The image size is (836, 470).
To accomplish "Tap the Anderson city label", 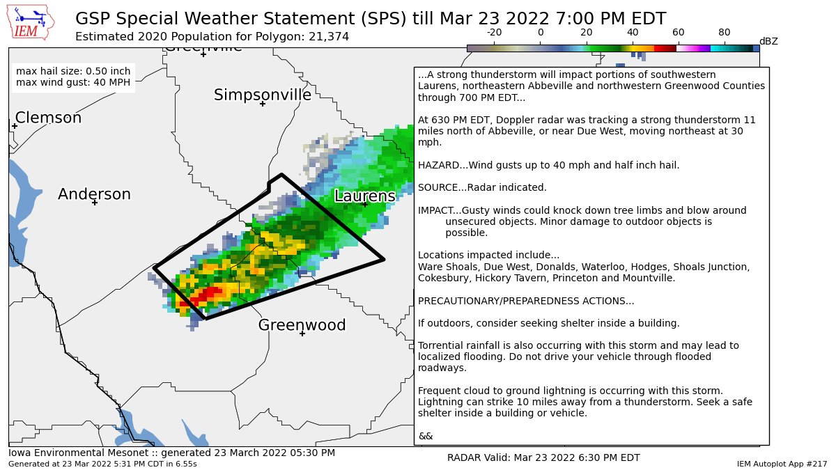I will point(94,194).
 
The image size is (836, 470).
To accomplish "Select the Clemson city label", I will point(48,118).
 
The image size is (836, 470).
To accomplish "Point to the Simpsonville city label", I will point(263,95).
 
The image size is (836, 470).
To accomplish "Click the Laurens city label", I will point(364,196).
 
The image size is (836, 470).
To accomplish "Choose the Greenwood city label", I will point(302,325).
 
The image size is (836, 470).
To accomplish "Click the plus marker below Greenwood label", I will point(302,334).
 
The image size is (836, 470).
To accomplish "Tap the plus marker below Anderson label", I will point(95,203).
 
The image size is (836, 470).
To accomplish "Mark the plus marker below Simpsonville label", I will point(263,104).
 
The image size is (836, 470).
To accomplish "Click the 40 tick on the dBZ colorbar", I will point(633,33).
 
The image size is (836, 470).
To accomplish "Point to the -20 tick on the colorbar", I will point(494,33).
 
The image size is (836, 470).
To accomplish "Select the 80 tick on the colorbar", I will point(725,33).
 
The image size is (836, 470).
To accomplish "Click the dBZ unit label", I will point(768,42).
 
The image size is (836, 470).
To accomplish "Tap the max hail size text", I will point(72,71).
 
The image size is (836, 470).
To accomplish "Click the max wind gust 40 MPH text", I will point(72,82).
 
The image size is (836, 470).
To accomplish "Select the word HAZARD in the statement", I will point(438,165).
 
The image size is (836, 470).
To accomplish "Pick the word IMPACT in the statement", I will point(435,210).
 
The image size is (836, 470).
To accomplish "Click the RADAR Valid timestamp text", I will point(543,457).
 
